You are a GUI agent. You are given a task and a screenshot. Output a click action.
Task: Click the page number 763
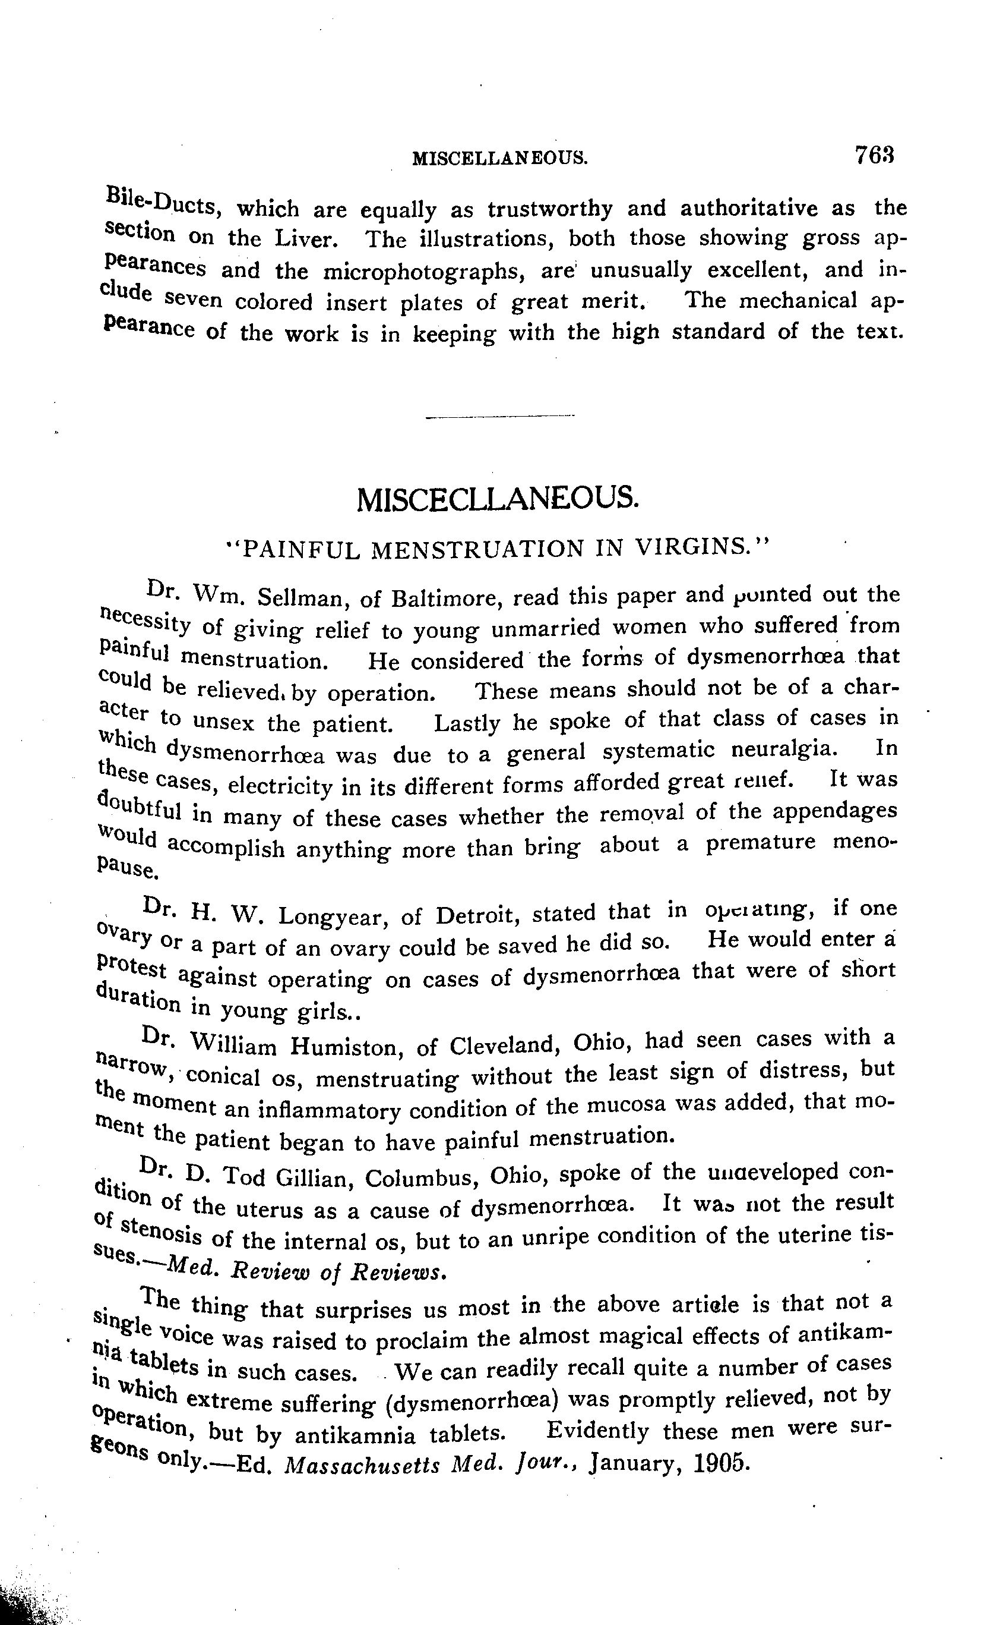(874, 155)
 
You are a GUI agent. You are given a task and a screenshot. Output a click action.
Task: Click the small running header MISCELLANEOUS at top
(499, 158)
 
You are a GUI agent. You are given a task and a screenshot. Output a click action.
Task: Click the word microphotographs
(427, 271)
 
